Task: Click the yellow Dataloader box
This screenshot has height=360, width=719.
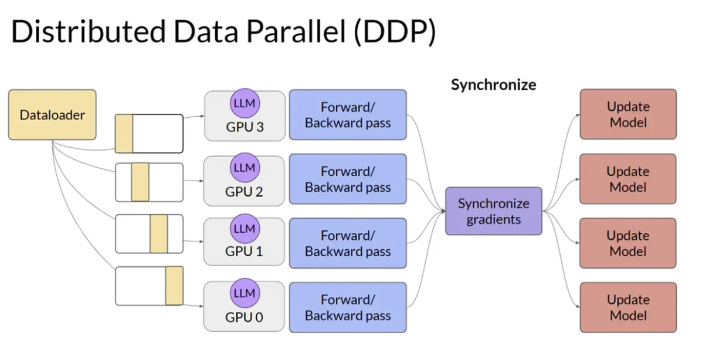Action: [x=52, y=114]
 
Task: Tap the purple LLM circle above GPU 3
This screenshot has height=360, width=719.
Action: [x=245, y=103]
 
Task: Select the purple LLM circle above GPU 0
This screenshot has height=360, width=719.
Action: [x=245, y=293]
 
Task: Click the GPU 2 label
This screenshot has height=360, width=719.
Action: [x=244, y=192]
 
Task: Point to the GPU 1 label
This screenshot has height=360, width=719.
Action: [x=244, y=251]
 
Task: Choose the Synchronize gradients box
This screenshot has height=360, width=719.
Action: [x=494, y=211]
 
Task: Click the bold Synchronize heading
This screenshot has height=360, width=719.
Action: [x=493, y=85]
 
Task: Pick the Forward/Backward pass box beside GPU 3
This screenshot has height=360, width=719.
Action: [x=348, y=114]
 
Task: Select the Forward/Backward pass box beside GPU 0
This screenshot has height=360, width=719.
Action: [x=348, y=307]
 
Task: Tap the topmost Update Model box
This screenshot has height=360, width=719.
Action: [x=628, y=114]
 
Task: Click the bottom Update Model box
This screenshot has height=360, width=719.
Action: [x=628, y=307]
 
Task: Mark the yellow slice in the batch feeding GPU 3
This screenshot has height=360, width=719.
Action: [x=124, y=134]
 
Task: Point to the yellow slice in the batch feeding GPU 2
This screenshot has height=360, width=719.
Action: [x=140, y=182]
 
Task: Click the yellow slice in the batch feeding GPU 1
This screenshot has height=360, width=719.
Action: [x=159, y=234]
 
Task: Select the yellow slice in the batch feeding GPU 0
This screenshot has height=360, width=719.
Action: [x=174, y=286]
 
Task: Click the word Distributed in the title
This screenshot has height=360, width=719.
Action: [x=89, y=32]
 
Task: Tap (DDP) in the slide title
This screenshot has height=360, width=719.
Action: [x=395, y=32]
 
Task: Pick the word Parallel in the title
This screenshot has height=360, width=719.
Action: [x=296, y=32]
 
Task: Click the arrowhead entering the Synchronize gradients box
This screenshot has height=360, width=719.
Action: [x=443, y=211]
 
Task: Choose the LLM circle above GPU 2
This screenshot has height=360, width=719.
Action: [x=245, y=168]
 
